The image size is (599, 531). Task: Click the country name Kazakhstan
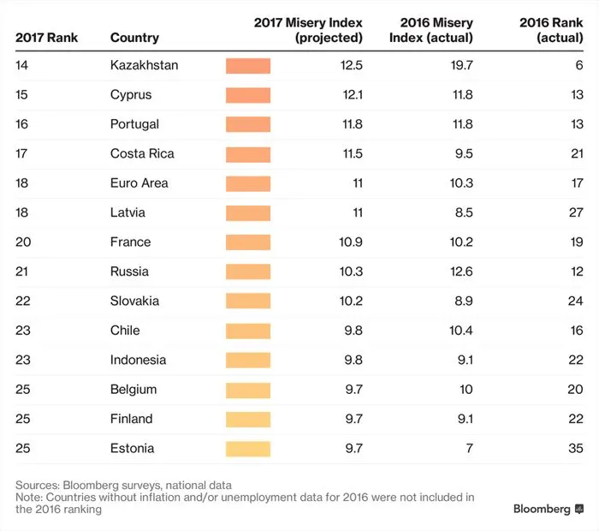click(144, 65)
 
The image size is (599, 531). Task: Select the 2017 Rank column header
click(46, 38)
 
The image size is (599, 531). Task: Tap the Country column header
click(134, 38)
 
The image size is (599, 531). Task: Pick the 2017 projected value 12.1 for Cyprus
click(352, 94)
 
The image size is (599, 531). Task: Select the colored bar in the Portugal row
click(248, 124)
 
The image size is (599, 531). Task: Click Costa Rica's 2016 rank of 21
click(575, 153)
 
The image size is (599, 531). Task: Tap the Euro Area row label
click(139, 182)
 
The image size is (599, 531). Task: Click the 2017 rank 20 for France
click(23, 242)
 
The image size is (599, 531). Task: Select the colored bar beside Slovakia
click(248, 301)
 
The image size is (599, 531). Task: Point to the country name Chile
click(125, 330)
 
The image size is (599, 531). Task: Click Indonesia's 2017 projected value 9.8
click(353, 360)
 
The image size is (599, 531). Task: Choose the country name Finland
click(131, 419)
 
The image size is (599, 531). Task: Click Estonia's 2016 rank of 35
click(575, 448)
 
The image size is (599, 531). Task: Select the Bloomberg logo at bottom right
click(548, 509)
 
